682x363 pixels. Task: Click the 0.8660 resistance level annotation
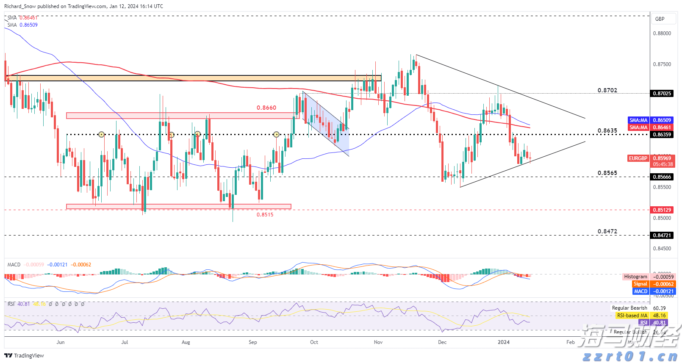coord(266,108)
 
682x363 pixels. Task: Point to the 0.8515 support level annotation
coord(265,215)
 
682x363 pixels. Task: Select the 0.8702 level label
coord(607,90)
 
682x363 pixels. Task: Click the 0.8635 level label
coord(607,130)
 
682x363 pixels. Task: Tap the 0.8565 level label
coord(607,173)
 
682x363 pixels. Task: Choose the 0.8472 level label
coord(607,231)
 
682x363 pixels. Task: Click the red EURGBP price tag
coord(638,158)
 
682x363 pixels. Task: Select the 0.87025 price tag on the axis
coord(662,94)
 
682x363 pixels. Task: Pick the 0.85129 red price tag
coord(662,210)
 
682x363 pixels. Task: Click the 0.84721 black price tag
coord(662,235)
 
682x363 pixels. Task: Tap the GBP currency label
coord(660,19)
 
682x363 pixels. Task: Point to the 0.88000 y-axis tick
coord(662,33)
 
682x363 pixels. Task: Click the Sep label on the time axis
coord(252,342)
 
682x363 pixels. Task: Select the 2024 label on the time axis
coord(503,342)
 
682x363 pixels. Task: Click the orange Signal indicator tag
coord(640,284)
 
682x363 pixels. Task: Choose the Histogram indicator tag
coord(635,277)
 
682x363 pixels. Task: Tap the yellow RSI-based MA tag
coord(632,316)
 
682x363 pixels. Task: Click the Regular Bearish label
coord(629,308)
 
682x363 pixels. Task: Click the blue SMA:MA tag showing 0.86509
coord(638,120)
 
